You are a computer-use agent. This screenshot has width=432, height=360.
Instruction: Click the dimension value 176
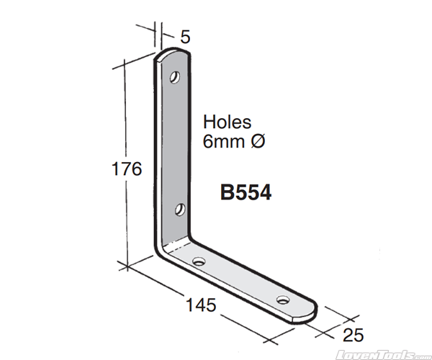(x=127, y=169)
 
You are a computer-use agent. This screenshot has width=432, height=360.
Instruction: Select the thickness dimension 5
(x=185, y=35)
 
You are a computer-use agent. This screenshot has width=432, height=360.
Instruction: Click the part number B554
(x=246, y=193)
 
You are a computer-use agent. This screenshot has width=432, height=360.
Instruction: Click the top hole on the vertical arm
(x=175, y=76)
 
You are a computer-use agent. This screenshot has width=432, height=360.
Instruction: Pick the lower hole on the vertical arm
(x=180, y=210)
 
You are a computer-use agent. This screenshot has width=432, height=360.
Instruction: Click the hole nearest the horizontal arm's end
(x=284, y=298)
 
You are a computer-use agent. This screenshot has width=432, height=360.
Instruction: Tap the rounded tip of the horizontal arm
(x=314, y=312)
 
